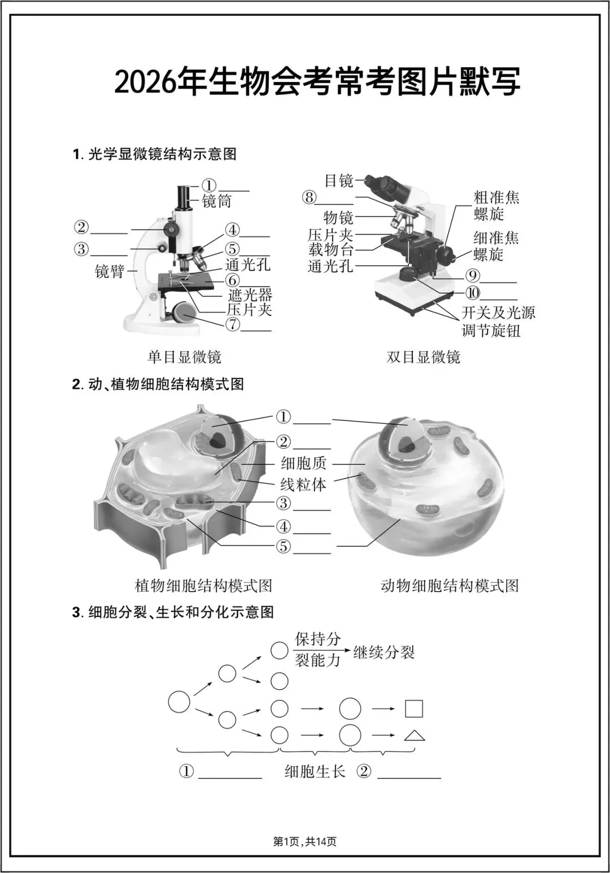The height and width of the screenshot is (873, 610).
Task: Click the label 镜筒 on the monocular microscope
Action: tap(217, 201)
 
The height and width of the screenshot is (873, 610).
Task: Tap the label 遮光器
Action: tap(250, 294)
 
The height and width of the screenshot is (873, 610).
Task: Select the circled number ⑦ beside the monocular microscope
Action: tap(232, 325)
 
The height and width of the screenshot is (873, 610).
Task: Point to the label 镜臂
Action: tap(109, 271)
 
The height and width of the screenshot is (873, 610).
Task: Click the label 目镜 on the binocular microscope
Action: tap(338, 181)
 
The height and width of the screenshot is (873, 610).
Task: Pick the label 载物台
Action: tap(331, 249)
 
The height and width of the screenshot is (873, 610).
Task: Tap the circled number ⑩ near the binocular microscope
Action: tap(472, 293)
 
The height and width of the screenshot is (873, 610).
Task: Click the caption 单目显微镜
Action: tap(185, 357)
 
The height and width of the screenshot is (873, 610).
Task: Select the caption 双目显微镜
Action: tap(424, 357)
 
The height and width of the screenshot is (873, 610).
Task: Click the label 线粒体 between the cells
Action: tap(303, 484)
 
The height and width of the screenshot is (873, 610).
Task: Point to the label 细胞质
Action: tap(303, 464)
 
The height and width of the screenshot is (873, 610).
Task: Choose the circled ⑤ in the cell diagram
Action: tap(283, 546)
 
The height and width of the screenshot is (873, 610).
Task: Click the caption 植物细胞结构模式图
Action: tap(203, 585)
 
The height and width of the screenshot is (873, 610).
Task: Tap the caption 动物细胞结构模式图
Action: tap(450, 585)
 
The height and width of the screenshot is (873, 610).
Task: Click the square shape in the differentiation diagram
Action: tap(414, 709)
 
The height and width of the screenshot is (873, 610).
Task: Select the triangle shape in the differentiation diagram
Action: tap(415, 735)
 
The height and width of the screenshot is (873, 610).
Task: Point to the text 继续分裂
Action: tap(384, 653)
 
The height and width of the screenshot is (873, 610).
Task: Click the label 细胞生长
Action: tap(315, 771)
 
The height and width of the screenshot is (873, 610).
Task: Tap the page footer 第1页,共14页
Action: tap(305, 842)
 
